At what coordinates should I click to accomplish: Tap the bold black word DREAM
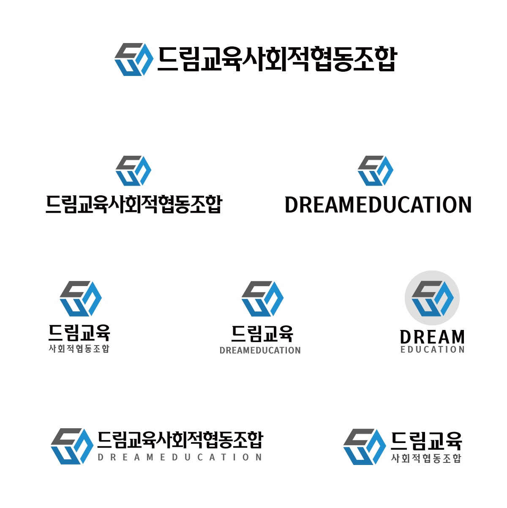point(432,337)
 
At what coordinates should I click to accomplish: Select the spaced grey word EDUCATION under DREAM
point(432,349)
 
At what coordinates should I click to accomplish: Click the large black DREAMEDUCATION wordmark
point(378,205)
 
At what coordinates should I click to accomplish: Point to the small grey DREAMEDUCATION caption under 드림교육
point(260,350)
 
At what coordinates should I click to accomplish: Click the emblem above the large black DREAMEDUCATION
point(375,170)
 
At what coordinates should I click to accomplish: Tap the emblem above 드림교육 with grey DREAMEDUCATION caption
point(262,298)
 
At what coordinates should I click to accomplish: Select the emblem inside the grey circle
point(433,298)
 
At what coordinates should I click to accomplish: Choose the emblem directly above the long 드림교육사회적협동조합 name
point(134,170)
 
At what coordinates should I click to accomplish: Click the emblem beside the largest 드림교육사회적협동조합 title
point(134,59)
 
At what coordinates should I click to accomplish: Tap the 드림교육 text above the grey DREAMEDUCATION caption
point(262,333)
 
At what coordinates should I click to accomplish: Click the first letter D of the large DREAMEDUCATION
point(292,205)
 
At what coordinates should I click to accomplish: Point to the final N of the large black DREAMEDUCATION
point(464,205)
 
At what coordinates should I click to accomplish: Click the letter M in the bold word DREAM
point(457,337)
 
